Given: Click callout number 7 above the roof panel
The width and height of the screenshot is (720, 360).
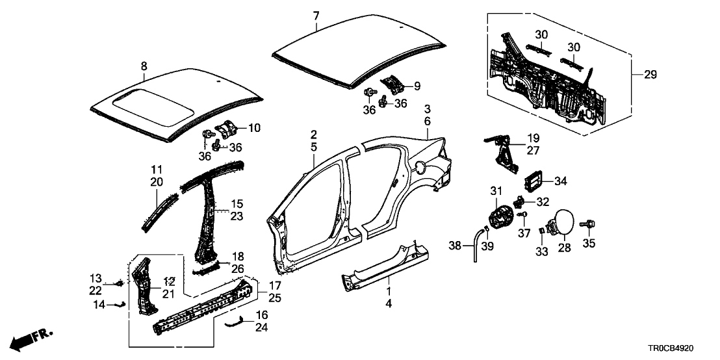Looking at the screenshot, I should pyautogui.click(x=316, y=16).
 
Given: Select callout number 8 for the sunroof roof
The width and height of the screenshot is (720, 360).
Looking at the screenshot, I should pyautogui.click(x=144, y=65).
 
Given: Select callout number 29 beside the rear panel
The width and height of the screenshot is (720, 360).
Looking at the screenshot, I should pyautogui.click(x=650, y=75).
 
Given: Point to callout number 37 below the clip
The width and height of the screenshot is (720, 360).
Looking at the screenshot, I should pyautogui.click(x=519, y=233).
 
